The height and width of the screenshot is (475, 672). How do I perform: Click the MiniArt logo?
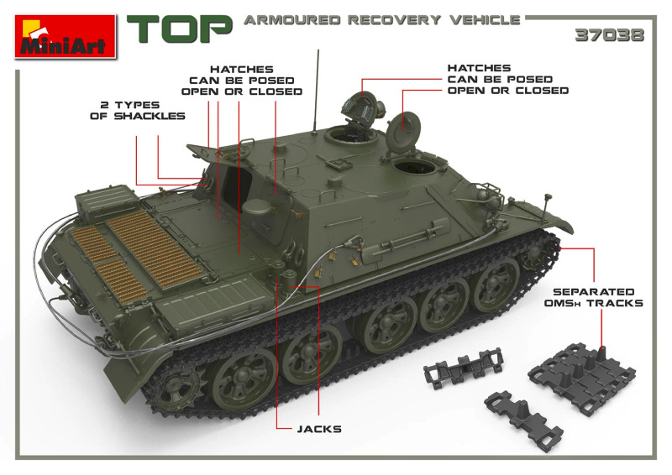pos(66,36)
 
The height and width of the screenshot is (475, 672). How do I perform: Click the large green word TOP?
pos(180,29)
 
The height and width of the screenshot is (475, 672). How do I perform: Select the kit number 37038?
pos(610,35)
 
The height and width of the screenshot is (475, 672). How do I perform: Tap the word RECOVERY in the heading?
pos(394,20)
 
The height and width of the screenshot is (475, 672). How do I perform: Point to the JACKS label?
pos(319,429)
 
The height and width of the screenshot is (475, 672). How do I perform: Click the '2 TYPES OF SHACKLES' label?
pos(138,111)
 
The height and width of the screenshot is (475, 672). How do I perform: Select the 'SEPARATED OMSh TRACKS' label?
pos(594,298)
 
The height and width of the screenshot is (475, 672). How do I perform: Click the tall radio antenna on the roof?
pos(317,90)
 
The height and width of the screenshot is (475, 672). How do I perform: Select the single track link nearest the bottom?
pos(523,420)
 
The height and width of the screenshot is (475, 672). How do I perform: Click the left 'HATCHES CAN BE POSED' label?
pos(242,81)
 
